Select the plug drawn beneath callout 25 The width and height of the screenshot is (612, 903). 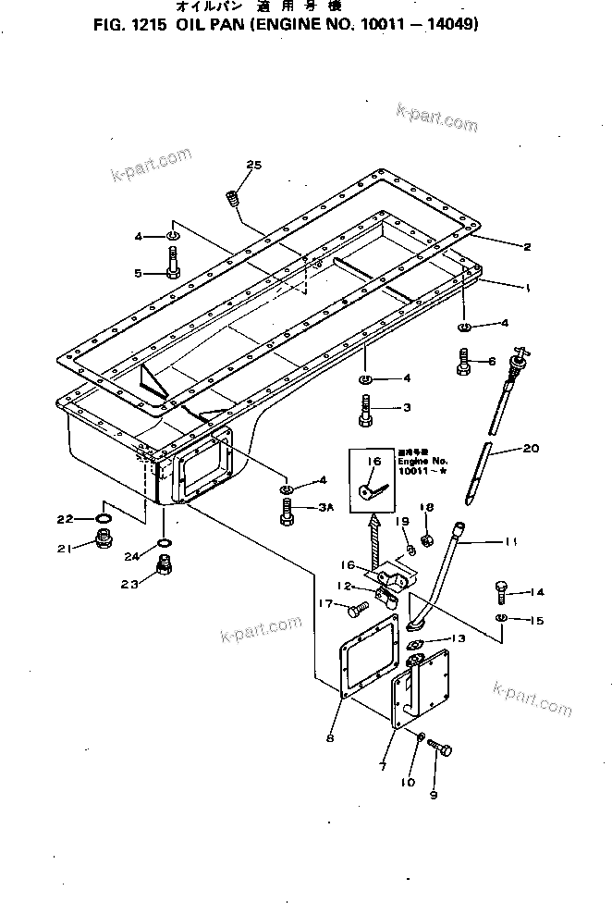click(x=233, y=198)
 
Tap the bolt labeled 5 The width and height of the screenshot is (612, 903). click(x=174, y=262)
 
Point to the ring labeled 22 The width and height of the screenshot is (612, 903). click(x=106, y=518)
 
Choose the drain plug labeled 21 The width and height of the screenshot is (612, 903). click(x=104, y=539)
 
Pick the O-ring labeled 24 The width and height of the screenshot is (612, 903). click(x=164, y=541)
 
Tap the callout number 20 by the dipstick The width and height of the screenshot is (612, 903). click(x=529, y=450)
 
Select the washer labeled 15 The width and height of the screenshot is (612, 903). click(x=500, y=618)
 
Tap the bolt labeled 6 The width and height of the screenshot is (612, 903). click(x=464, y=362)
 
